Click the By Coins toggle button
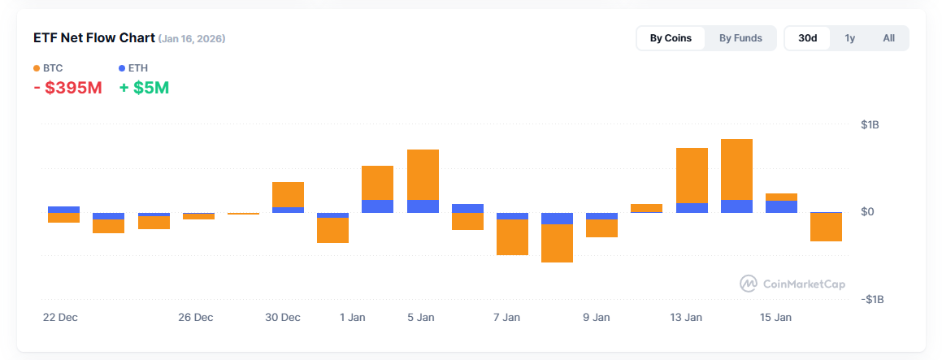pos(670,38)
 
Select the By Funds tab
pos(740,38)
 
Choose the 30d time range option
pos(807,38)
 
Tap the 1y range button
pos(849,38)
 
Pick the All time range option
pos(888,38)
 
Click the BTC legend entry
pos(48,68)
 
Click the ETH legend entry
pos(133,68)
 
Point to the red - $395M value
pos(68,88)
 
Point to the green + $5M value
pos(145,88)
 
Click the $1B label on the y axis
pos(870,125)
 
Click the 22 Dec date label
pos(60,318)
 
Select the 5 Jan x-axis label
pos(420,318)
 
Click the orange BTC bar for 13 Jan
pos(692,175)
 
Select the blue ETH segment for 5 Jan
pos(423,206)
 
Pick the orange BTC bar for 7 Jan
pos(512,237)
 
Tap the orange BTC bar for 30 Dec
pos(288,194)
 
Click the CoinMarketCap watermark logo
pos(792,284)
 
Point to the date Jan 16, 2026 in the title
pos(193,38)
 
